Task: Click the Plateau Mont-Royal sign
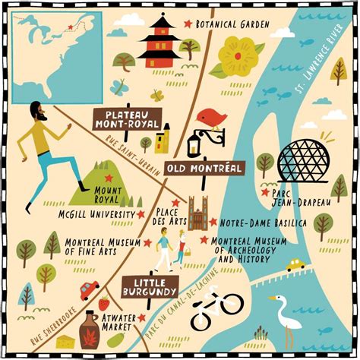pos(128,118)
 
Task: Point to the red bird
pos(211,118)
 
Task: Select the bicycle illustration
pos(216,310)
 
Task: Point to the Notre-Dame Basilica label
pos(252,223)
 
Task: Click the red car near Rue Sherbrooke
pos(90,289)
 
